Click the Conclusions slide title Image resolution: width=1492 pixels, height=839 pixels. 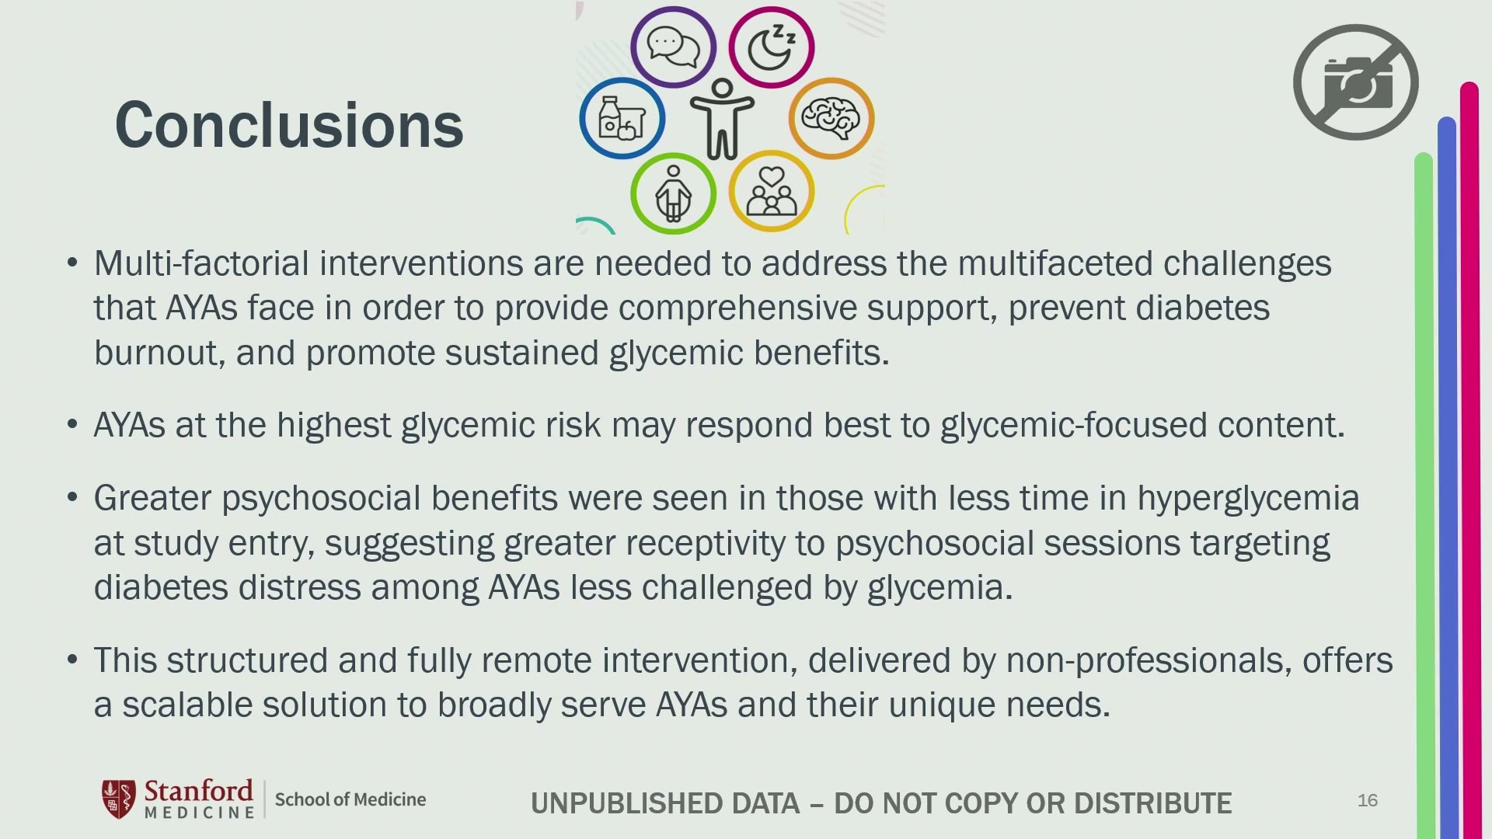289,125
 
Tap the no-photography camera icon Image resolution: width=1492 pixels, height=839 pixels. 1355,82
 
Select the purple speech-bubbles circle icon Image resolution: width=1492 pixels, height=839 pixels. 673,47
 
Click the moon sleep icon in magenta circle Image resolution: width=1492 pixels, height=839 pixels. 772,47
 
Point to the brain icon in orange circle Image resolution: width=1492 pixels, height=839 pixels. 831,119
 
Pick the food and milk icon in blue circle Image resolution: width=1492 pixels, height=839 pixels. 622,119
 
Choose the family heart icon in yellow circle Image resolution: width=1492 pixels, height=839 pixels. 772,191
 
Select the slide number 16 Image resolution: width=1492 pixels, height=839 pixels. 1368,800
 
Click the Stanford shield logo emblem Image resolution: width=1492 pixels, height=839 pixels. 119,799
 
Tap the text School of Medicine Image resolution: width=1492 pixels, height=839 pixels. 350,799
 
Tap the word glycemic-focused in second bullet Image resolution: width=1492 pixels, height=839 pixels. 1074,425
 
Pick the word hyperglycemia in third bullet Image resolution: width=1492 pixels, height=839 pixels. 1249,498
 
